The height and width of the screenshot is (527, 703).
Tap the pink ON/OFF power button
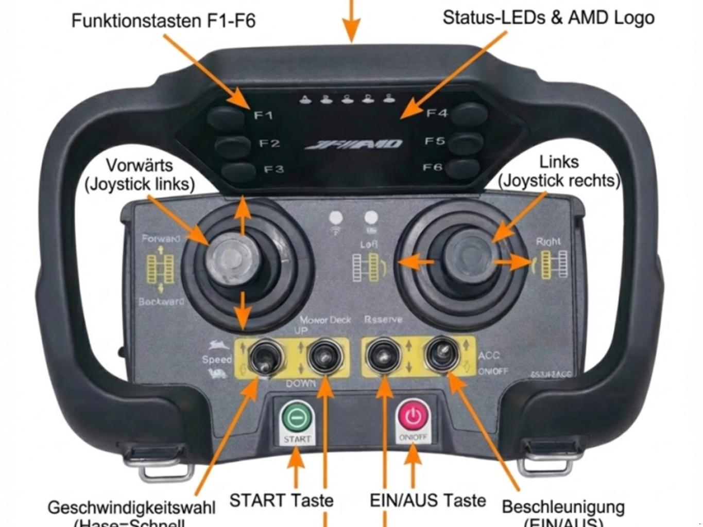413,417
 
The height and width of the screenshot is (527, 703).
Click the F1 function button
226,116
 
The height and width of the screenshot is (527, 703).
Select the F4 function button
470,114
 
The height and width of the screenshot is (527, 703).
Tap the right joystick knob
470,255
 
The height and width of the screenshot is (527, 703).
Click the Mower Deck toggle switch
324,356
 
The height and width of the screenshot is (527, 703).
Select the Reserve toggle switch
383,355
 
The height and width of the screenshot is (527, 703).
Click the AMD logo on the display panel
354,145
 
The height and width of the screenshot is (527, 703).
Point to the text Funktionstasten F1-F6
163,21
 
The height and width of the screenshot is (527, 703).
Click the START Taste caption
281,500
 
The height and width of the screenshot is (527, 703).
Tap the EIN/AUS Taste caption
427,500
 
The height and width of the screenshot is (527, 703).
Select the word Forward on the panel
161,238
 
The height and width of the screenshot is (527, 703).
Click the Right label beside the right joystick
548,241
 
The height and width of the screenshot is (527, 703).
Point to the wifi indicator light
336,218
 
